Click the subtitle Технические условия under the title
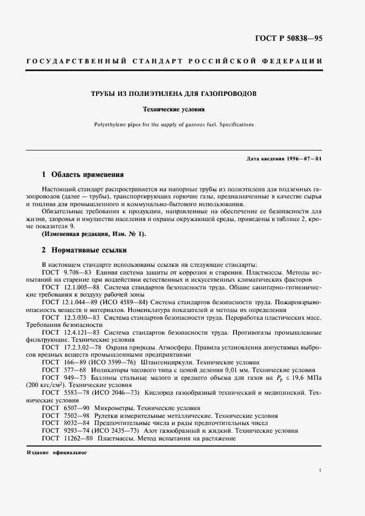pyautogui.click(x=182, y=109)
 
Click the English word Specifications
pyautogui.click(x=235, y=125)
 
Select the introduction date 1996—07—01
pyautogui.click(x=304, y=159)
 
